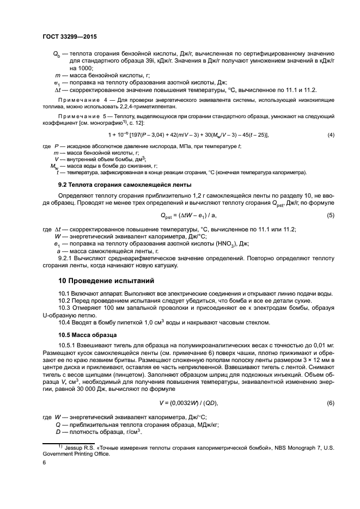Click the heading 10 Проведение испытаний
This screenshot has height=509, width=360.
click(x=107, y=281)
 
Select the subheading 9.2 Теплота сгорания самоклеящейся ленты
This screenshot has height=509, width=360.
click(x=125, y=185)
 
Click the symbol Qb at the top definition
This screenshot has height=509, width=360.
click(x=56, y=54)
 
